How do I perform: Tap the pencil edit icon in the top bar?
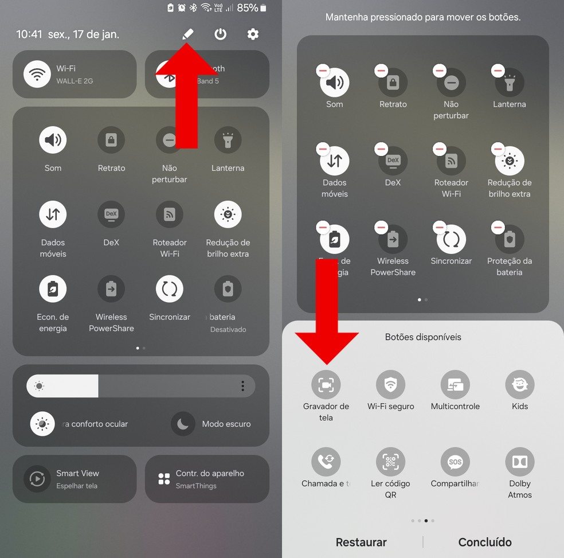click(x=187, y=34)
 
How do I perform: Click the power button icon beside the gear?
click(x=220, y=34)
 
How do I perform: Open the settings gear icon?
click(x=253, y=34)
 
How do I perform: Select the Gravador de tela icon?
click(x=326, y=385)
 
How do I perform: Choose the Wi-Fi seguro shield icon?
click(x=390, y=385)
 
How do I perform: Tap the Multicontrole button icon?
click(x=455, y=385)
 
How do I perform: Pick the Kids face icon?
click(x=519, y=385)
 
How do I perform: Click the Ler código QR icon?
click(x=390, y=462)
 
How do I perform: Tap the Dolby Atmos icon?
click(x=519, y=462)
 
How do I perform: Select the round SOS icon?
click(x=455, y=462)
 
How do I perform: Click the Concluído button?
click(x=485, y=542)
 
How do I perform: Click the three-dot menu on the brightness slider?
click(x=242, y=386)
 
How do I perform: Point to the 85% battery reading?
click(x=247, y=8)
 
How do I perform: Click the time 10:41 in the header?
click(x=29, y=34)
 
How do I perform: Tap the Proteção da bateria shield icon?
click(x=509, y=239)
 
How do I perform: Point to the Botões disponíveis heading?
click(x=423, y=337)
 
